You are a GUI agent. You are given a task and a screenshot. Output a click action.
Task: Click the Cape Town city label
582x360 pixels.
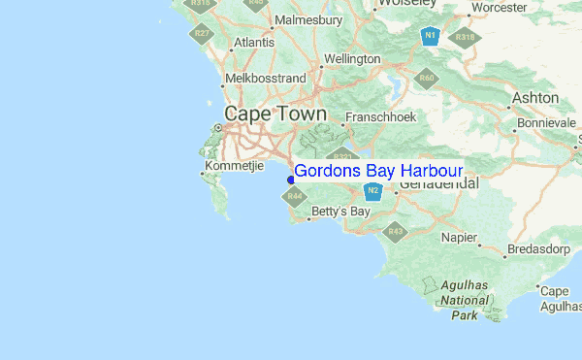click(x=275, y=114)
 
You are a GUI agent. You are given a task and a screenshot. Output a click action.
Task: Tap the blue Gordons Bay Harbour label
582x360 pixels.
click(x=378, y=171)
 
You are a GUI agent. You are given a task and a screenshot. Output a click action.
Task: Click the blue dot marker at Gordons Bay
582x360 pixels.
click(x=289, y=178)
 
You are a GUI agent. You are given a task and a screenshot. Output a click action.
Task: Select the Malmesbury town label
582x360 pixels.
click(x=308, y=19)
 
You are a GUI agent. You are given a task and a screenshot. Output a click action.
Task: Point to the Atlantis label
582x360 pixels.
click(x=254, y=43)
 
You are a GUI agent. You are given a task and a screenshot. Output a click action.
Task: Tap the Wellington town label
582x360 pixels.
click(x=353, y=59)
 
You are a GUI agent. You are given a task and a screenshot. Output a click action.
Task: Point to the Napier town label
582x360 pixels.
click(x=459, y=237)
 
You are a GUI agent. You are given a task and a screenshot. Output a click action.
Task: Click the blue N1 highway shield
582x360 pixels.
click(x=430, y=37)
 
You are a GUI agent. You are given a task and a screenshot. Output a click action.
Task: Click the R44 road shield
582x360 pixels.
click(x=293, y=197)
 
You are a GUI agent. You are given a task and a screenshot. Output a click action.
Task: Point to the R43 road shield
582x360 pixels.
click(x=395, y=231)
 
